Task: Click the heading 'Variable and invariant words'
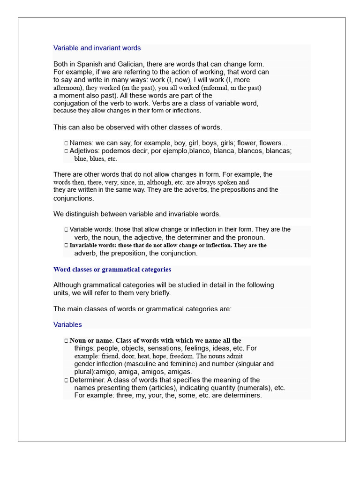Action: coord(97,48)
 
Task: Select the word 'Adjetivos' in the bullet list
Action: coord(84,151)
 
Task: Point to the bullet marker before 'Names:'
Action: coord(66,143)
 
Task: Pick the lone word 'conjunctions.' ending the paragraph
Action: coord(74,198)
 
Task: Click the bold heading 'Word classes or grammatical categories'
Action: coord(112,270)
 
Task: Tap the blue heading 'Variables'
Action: coord(67,324)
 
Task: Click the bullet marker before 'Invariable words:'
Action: coord(66,245)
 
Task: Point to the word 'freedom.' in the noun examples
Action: coord(181,356)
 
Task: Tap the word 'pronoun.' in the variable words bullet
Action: coord(251,238)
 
